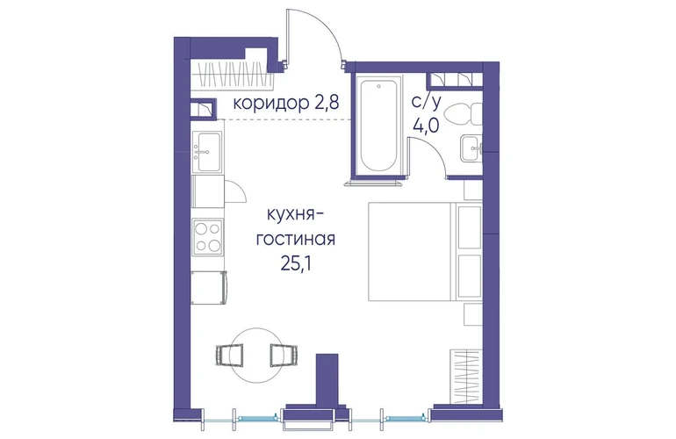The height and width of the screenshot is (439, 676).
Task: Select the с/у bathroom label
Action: click(427, 102)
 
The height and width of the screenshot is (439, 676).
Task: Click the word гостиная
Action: click(295, 239)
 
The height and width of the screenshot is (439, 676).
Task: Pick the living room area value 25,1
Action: click(296, 263)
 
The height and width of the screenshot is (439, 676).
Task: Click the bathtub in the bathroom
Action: click(378, 126)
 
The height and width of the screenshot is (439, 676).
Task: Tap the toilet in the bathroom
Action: click(463, 114)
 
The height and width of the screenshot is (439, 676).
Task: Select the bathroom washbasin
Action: click(471, 148)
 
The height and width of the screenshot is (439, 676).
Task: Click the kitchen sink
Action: click(207, 152)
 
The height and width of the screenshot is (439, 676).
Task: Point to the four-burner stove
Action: click(208, 237)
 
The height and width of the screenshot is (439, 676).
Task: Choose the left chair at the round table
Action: click(229, 355)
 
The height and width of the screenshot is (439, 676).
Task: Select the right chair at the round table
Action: click(284, 355)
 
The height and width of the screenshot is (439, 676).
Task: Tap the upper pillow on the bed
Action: click(469, 227)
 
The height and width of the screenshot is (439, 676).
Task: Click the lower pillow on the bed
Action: click(469, 276)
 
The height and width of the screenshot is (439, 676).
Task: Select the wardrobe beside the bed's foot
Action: click(466, 377)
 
